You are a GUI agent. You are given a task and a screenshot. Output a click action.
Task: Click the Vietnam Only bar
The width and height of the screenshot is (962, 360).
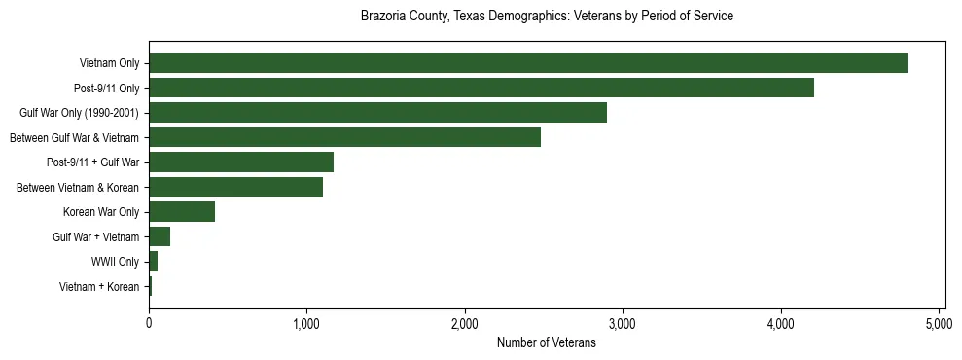528,63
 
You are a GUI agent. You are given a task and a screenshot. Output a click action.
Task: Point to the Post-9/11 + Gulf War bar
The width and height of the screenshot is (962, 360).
241,162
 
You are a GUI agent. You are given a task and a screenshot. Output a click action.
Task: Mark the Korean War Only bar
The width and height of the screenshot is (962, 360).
182,212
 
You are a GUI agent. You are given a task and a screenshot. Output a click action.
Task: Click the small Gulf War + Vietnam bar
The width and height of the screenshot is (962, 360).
160,236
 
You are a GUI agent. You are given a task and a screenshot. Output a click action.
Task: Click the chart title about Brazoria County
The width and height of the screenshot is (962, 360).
547,17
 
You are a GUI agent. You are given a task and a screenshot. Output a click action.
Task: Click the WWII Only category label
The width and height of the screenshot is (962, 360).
115,262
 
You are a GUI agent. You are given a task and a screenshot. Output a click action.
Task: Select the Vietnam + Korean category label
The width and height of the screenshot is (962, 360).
99,287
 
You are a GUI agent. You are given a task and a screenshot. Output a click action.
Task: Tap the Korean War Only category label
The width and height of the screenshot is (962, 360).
101,212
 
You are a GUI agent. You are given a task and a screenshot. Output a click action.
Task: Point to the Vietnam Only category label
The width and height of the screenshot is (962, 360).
109,63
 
